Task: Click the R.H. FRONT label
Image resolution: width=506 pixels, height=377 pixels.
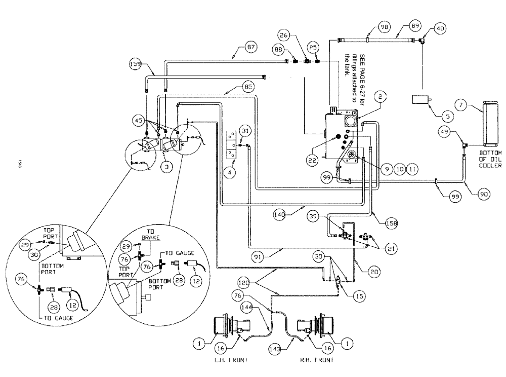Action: (x=317, y=360)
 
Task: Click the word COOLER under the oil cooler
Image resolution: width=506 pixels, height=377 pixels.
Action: (x=490, y=166)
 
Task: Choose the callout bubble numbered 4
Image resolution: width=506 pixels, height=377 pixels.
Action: (x=231, y=172)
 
